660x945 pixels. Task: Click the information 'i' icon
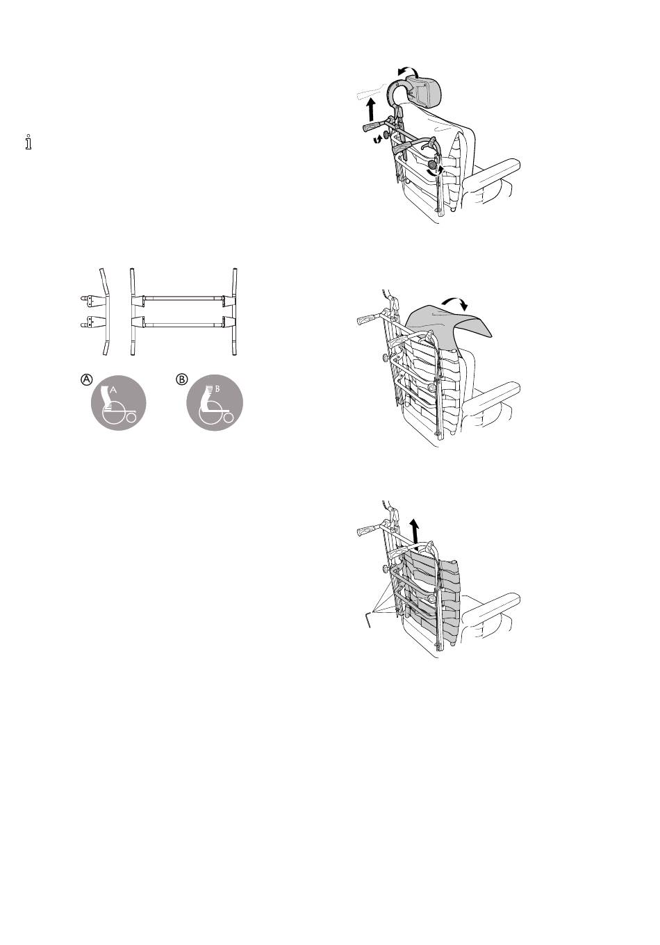pyautogui.click(x=28, y=142)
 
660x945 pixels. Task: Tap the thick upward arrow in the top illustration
pyautogui.click(x=371, y=109)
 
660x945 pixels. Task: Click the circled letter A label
pyautogui.click(x=86, y=379)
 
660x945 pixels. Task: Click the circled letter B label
pyautogui.click(x=182, y=379)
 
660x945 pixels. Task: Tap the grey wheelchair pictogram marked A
pyautogui.click(x=119, y=402)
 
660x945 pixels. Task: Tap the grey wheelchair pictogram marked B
pyautogui.click(x=215, y=402)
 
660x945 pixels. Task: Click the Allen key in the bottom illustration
pyautogui.click(x=367, y=619)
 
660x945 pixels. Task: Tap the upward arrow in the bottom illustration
pyautogui.click(x=415, y=531)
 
